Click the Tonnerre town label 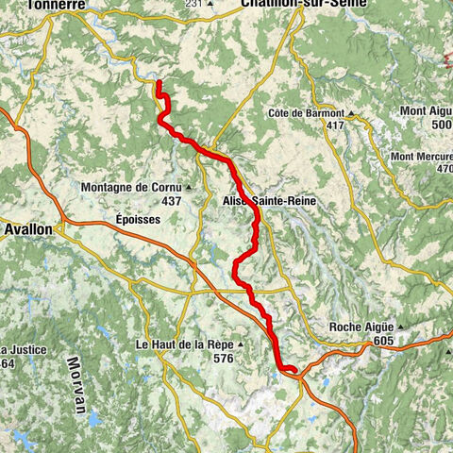(59, 5)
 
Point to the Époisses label (138, 218)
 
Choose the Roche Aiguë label (360, 327)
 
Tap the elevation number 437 (171, 201)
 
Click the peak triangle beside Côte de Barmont (349, 114)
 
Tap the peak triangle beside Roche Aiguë (400, 328)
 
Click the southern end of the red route (295, 370)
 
